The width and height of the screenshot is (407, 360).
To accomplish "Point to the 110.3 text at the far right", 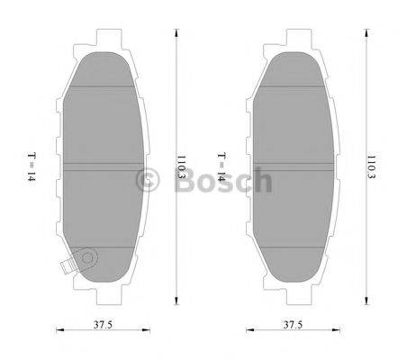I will click(x=370, y=167).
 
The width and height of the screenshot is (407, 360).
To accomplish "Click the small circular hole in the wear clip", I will click(x=87, y=259).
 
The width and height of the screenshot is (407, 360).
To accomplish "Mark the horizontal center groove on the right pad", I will click(x=298, y=165).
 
